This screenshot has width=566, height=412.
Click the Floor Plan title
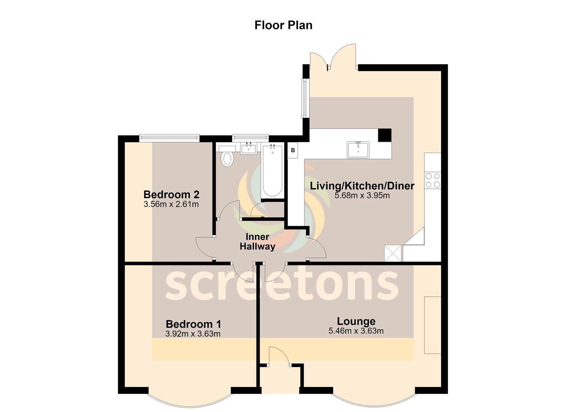point(283,25)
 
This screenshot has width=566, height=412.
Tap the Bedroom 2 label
point(171,195)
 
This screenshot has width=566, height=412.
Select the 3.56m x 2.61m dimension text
point(171,204)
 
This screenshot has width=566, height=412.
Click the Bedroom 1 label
point(193,324)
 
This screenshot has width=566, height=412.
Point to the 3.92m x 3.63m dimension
point(193,334)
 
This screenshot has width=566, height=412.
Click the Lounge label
point(356,322)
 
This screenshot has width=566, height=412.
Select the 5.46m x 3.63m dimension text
point(356,331)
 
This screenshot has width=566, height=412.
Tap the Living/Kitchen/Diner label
point(362,186)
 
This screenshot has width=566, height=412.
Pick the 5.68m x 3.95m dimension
point(362,195)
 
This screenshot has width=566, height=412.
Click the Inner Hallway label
point(258,241)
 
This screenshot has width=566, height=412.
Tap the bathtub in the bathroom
point(273,171)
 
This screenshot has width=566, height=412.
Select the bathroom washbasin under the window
point(249,148)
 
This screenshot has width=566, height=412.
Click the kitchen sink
point(358,150)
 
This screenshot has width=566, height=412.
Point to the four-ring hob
point(433,180)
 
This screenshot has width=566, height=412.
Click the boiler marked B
point(293,150)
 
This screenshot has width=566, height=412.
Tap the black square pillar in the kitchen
point(385,135)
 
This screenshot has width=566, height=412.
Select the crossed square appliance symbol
point(393,253)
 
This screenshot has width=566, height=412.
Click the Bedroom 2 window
point(169,138)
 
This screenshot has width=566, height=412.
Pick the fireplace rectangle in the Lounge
point(433,325)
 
